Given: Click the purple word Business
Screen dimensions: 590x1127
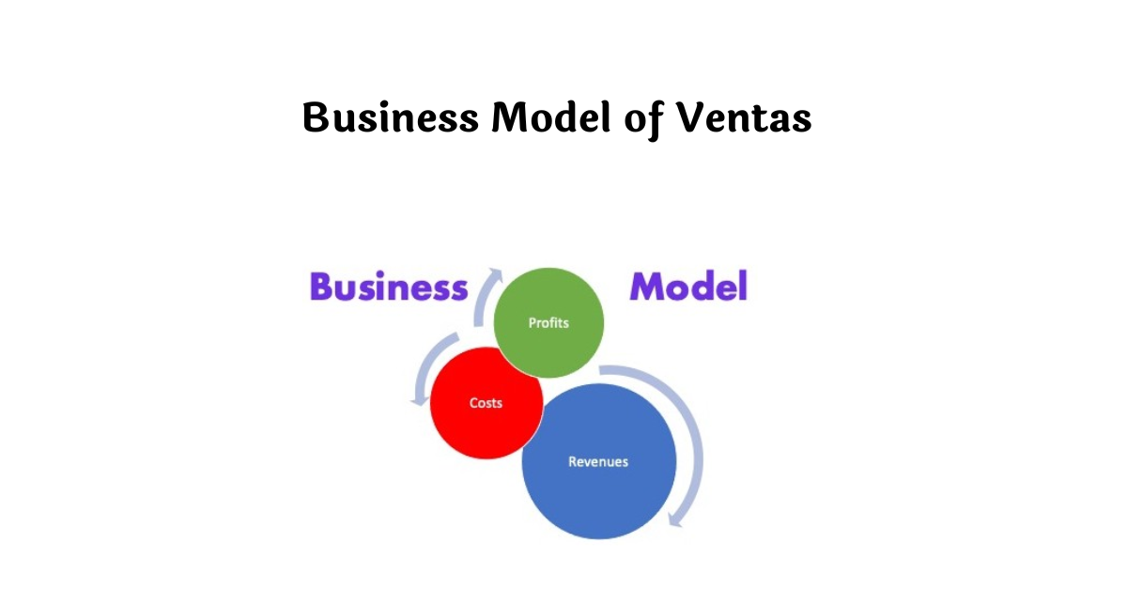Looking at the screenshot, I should click(x=388, y=287).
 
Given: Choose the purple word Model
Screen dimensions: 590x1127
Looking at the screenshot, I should click(x=688, y=287).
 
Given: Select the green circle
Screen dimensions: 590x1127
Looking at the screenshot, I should click(x=548, y=323).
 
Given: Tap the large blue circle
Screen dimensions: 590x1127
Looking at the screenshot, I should click(x=599, y=461).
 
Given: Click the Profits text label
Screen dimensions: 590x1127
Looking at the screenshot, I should click(x=548, y=323).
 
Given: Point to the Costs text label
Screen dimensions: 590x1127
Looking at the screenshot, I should click(x=486, y=403).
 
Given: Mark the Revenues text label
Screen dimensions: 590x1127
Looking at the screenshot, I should click(x=598, y=461).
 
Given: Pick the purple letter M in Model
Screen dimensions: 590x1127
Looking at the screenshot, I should click(x=647, y=287).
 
